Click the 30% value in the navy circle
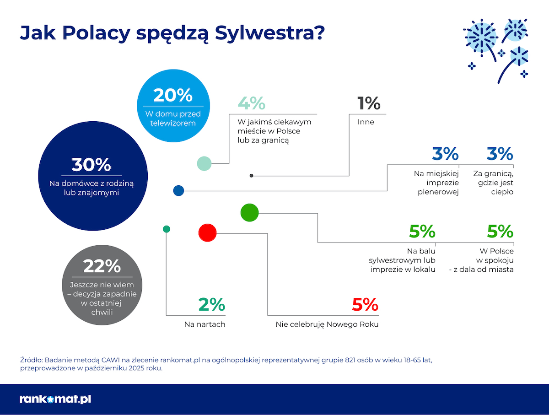[91, 165]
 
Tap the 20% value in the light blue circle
[173, 95]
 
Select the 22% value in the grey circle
[102, 266]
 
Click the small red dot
[207, 232]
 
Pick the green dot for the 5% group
[249, 213]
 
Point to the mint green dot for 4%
[204, 164]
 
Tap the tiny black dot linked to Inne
[251, 176]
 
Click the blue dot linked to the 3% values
[178, 191]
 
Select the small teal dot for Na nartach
[167, 229]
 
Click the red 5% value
[365, 304]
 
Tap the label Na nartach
[205, 324]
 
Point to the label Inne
[366, 122]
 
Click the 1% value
[369, 103]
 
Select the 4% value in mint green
[251, 103]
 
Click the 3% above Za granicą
[500, 154]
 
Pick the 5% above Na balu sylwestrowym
[422, 232]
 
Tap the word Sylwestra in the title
[269, 33]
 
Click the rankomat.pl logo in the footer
[55, 399]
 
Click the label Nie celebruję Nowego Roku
[327, 324]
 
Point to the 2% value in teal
[212, 304]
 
